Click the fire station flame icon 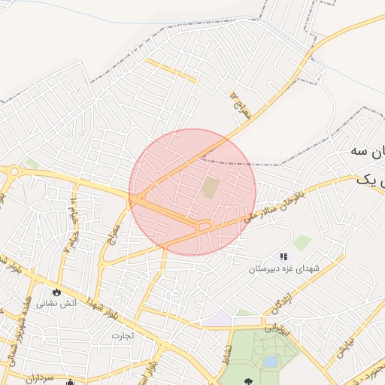click(57, 292)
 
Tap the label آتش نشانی click(58, 306)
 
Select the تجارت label click(123, 335)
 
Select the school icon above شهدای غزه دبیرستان click(283, 257)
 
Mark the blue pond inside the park click(270, 362)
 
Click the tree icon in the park click(246, 381)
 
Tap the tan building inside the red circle click(211, 187)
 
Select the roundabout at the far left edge click(13, 172)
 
